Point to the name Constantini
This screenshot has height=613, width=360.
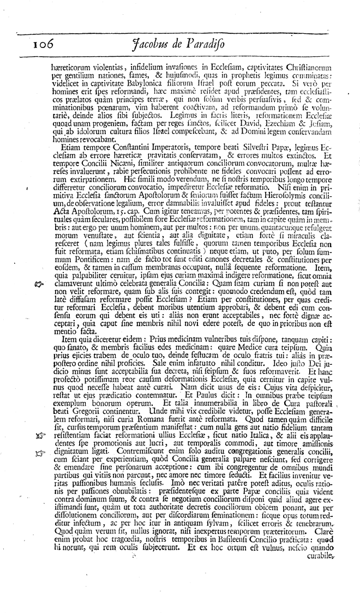114,147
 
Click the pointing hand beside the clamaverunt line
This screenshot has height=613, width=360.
38,283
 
